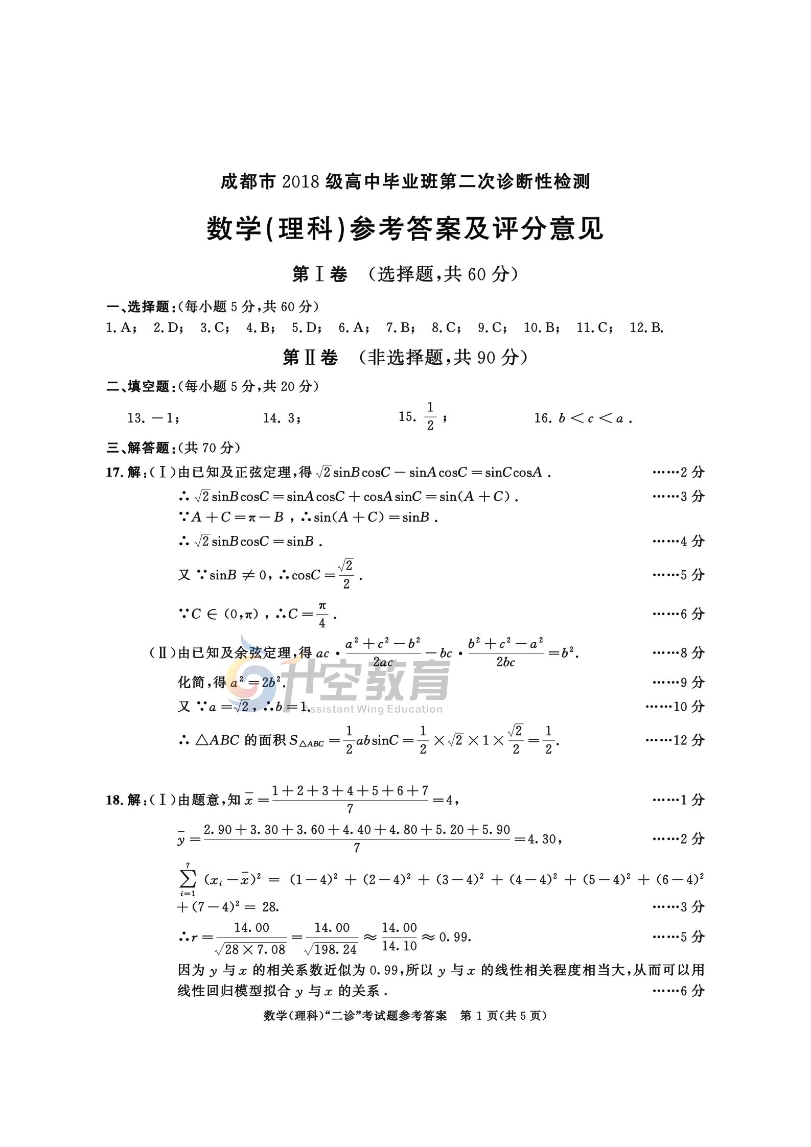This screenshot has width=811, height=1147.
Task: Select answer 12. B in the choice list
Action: [x=646, y=327]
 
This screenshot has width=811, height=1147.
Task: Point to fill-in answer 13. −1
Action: [x=152, y=418]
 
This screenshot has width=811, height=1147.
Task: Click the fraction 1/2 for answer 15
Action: [x=430, y=416]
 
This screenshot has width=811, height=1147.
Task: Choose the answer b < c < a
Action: [x=591, y=418]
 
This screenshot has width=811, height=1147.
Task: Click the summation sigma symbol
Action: [x=188, y=879]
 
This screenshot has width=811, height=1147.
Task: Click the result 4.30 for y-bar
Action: [x=544, y=839]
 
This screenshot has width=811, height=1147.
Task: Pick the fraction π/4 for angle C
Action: [x=322, y=614]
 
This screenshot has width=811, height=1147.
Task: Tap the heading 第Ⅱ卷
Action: [x=310, y=358]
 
